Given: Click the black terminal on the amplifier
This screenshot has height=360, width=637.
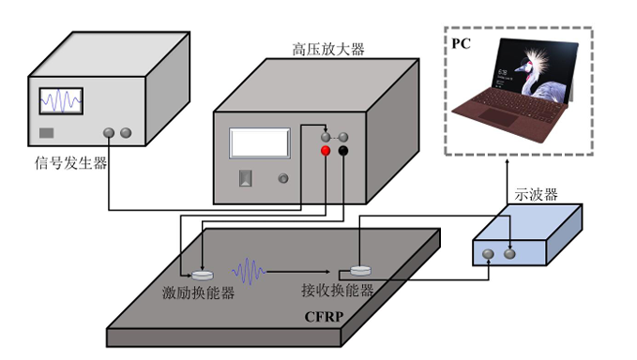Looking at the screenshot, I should pos(344,151).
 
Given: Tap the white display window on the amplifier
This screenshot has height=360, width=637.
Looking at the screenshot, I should pos(259,143).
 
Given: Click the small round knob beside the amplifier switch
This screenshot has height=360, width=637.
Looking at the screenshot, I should pos(281,178).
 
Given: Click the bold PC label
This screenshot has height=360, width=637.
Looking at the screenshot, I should pos(461,44).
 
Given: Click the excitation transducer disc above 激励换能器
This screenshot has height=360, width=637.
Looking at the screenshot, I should pos(202,275).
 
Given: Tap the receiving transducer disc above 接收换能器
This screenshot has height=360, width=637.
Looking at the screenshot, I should pos(362,269).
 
